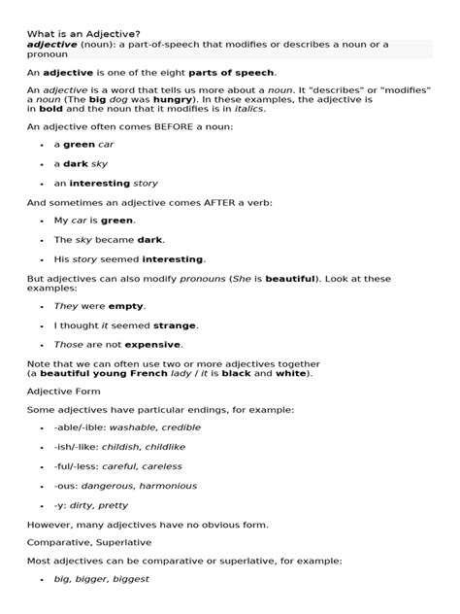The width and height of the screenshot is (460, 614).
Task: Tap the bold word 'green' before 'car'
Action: coord(80,144)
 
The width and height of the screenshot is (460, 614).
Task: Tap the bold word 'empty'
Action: coord(126,306)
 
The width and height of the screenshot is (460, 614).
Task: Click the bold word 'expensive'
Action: coord(149,344)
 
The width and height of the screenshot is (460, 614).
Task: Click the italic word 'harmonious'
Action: coord(165,486)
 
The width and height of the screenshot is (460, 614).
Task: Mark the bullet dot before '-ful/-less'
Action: coord(43,467)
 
